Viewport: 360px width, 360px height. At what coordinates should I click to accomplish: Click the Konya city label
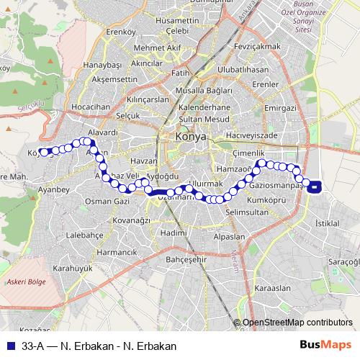(190, 136)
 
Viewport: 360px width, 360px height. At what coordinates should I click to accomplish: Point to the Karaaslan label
(272, 287)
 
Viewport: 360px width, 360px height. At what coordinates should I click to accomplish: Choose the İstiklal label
(328, 224)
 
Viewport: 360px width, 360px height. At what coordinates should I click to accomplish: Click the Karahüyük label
(73, 268)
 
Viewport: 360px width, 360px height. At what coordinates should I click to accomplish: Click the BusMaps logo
(326, 346)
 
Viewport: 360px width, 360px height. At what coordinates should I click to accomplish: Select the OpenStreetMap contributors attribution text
(297, 323)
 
